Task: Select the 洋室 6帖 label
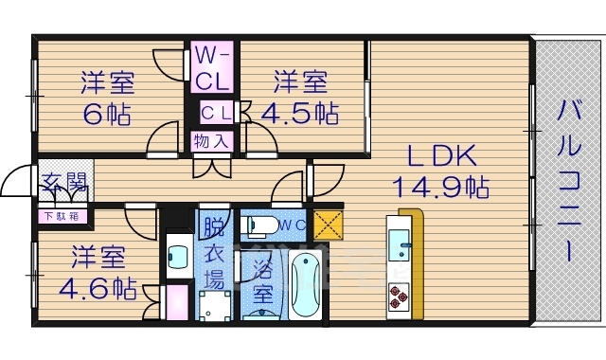[x=106, y=98]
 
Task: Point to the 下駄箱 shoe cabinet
[x=64, y=215]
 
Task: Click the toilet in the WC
[x=258, y=226]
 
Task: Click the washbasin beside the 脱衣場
[x=177, y=255]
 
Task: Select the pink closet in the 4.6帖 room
[x=176, y=303]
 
